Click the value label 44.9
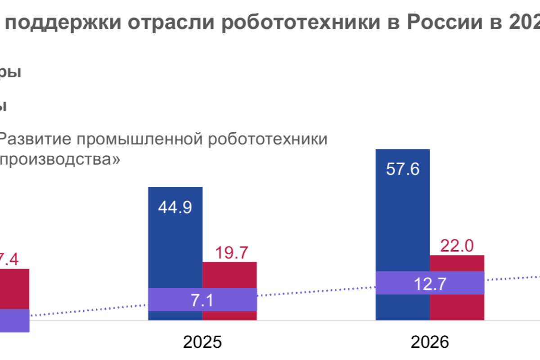[175, 207]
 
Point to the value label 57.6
[402, 170]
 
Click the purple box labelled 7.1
[202, 300]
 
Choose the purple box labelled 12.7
[430, 283]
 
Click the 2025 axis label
[202, 342]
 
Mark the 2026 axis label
[430, 342]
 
